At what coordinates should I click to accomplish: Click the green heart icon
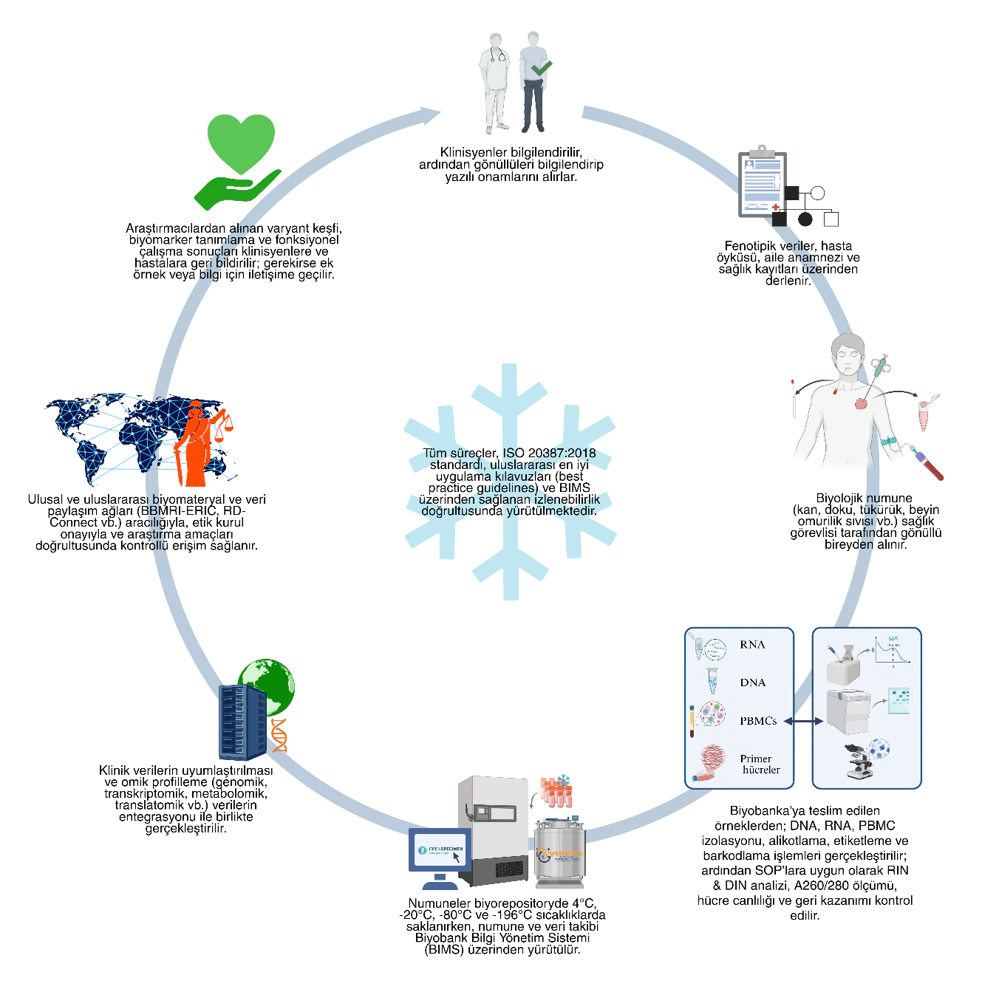(x=241, y=142)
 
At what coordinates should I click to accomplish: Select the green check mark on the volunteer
(x=542, y=68)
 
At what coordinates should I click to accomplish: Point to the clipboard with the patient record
(x=762, y=184)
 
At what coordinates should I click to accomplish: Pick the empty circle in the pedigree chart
(x=817, y=194)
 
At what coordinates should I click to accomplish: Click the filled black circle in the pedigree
(x=805, y=219)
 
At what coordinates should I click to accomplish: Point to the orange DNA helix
(x=279, y=735)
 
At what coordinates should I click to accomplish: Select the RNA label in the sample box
(x=752, y=645)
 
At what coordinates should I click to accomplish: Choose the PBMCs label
(x=757, y=721)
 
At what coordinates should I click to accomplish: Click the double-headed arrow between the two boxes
(x=803, y=721)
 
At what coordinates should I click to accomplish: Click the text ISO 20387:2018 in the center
(x=548, y=454)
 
